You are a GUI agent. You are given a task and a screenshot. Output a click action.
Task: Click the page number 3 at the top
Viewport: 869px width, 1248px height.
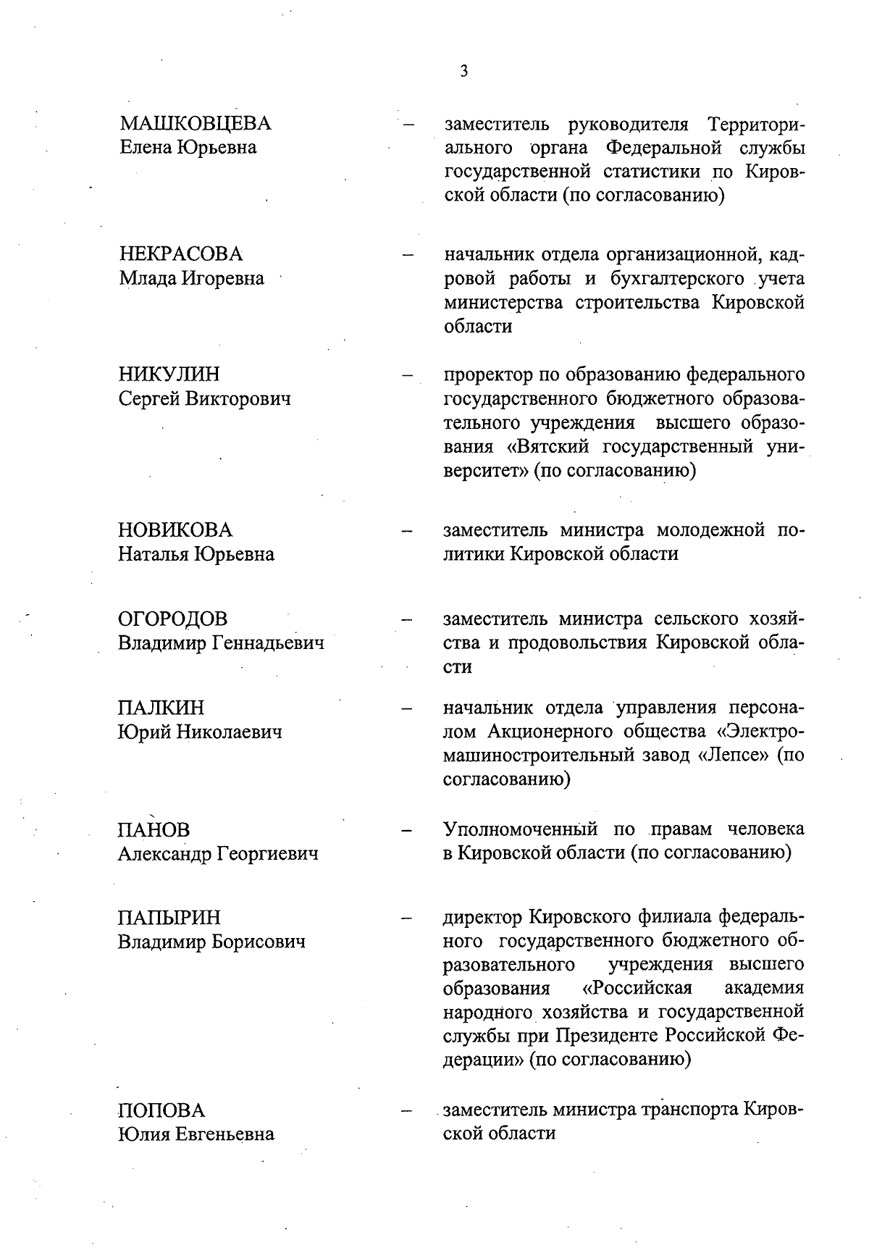(463, 71)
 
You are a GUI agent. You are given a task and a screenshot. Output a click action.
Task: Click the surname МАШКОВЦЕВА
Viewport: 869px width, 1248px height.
(195, 124)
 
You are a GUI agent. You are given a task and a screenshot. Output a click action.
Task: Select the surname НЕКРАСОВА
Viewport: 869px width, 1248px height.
(180, 254)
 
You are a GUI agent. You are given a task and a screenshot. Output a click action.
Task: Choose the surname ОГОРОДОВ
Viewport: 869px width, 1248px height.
(172, 619)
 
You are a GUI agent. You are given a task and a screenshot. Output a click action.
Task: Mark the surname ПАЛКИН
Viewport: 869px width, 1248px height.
(161, 708)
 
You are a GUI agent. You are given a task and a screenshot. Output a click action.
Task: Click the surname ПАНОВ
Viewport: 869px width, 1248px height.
(154, 830)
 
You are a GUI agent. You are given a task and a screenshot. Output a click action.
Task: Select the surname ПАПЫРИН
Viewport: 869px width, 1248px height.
(169, 918)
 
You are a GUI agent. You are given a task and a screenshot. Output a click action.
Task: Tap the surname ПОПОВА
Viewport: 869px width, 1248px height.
(161, 1110)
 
